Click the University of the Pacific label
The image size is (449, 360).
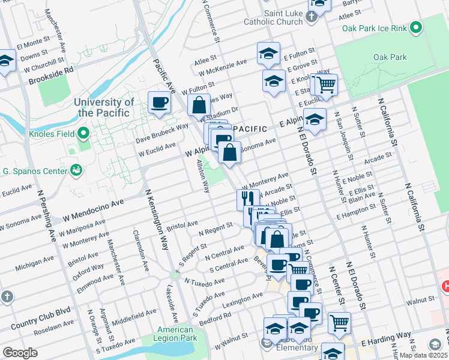(x=103, y=107)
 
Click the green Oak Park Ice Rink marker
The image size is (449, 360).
(x=414, y=28)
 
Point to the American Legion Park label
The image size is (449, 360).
(x=175, y=334)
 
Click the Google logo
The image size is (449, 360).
(x=20, y=353)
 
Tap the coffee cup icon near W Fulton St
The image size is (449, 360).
(x=159, y=102)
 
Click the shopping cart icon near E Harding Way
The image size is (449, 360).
(x=340, y=322)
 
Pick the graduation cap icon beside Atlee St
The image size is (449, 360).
(x=268, y=53)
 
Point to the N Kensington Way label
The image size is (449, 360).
(x=156, y=221)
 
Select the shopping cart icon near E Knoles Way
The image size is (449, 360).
(x=327, y=85)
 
